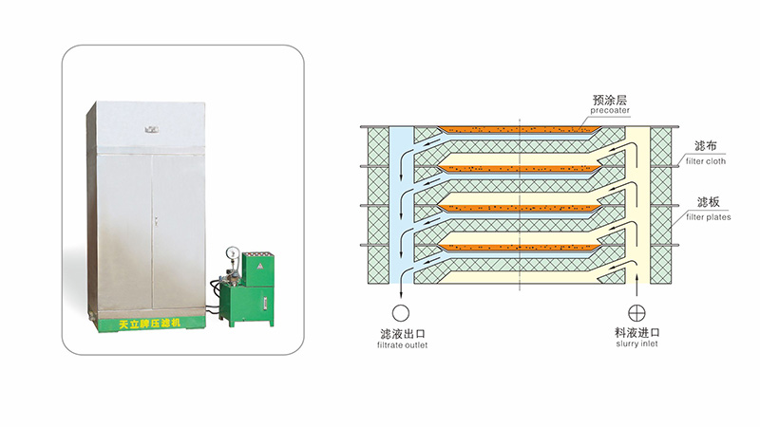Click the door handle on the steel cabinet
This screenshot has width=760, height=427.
[153, 219]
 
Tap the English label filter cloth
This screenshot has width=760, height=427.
[703, 161]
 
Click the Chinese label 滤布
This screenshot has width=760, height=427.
[704, 146]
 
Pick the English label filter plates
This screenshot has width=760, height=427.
[704, 217]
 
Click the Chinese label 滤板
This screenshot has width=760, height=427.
[704, 202]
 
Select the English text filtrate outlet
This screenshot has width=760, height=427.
[403, 344]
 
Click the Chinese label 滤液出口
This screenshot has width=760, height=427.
[403, 332]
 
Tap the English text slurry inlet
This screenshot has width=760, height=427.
[636, 344]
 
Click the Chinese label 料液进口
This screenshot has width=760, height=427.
[636, 332]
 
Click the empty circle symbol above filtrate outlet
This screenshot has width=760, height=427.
[402, 311]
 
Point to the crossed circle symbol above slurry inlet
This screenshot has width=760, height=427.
[636, 311]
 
